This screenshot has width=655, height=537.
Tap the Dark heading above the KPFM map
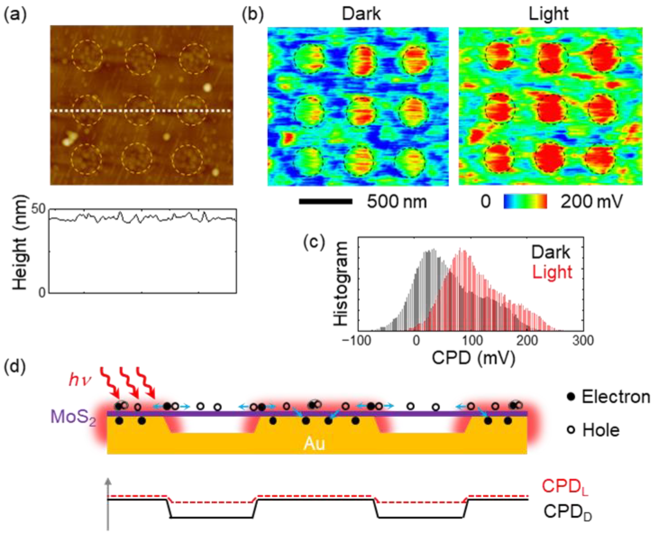click(361, 14)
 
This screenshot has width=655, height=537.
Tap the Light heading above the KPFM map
click(548, 14)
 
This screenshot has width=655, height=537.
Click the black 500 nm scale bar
click(326, 202)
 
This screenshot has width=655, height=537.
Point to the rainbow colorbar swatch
click(525, 202)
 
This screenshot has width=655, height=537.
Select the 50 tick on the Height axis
click(39, 209)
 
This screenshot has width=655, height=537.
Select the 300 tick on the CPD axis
click(583, 340)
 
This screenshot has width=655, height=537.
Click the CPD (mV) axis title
click(473, 358)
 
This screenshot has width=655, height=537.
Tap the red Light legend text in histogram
click(552, 273)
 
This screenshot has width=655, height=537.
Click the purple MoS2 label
click(73, 417)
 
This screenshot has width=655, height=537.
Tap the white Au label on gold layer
click(314, 444)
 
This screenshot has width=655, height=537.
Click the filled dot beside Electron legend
click(571, 397)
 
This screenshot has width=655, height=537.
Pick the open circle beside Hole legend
click(571, 430)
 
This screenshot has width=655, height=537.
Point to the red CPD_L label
click(565, 487)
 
